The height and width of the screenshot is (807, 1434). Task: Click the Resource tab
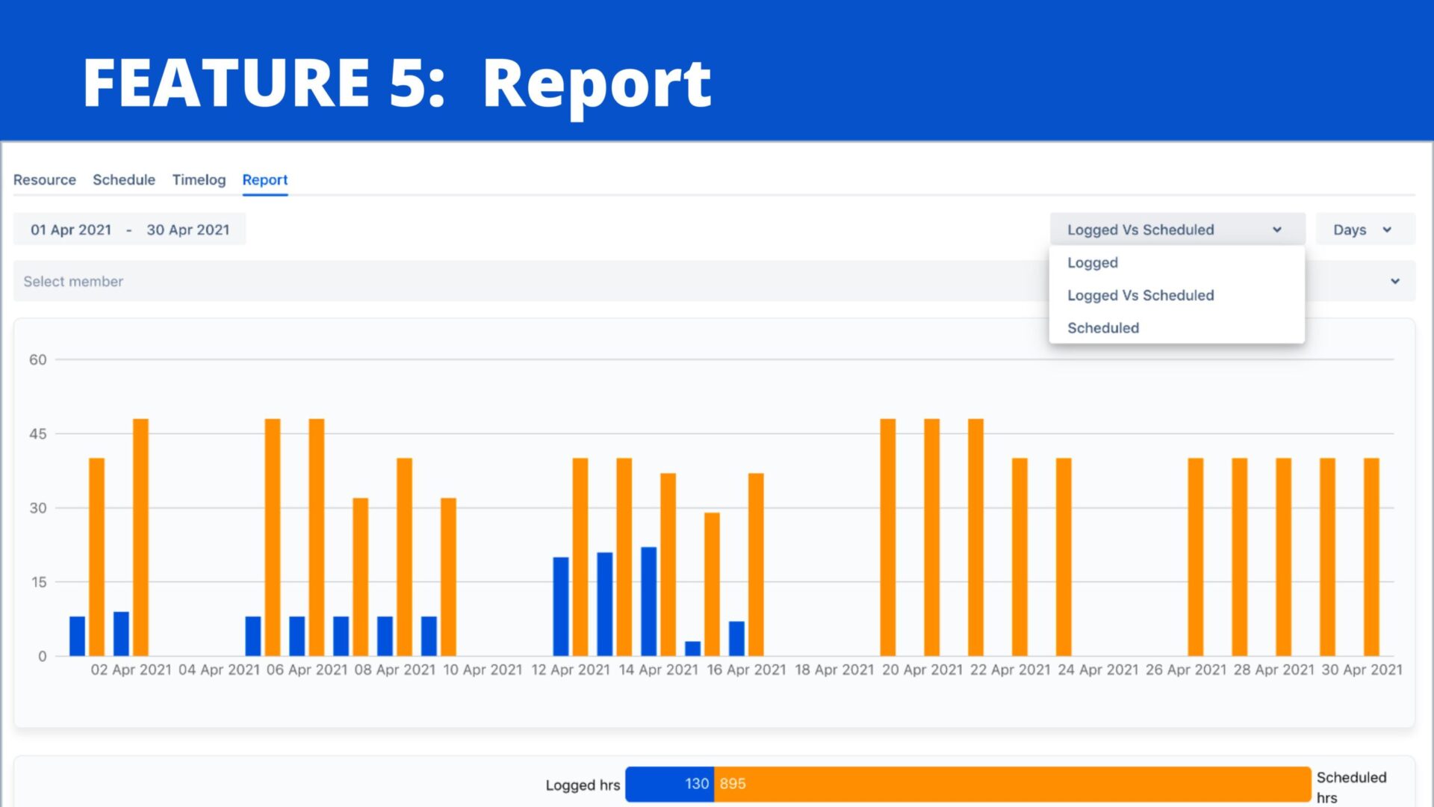(45, 180)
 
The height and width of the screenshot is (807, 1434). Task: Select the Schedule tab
(124, 180)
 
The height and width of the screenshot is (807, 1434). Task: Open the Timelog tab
(199, 180)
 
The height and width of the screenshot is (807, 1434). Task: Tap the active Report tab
(264, 180)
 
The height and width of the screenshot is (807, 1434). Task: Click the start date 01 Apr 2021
(71, 230)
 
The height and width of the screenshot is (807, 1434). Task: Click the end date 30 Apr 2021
(187, 230)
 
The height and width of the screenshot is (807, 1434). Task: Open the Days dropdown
(1362, 230)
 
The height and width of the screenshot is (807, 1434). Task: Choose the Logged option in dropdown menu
(1092, 263)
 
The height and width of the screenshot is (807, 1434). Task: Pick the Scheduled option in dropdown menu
(1102, 328)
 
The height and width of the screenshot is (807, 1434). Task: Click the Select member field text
(73, 282)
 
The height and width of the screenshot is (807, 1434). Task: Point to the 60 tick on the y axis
(38, 360)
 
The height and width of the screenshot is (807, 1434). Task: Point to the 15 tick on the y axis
(39, 582)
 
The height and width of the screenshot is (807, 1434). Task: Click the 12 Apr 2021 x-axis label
(571, 670)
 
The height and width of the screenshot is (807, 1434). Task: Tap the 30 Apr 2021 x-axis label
(1362, 670)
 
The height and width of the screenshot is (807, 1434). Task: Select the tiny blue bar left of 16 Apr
(692, 649)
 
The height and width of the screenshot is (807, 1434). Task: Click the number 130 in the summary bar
(696, 784)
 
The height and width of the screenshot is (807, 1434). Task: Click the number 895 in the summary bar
(733, 784)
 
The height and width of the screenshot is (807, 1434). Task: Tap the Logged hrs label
(583, 785)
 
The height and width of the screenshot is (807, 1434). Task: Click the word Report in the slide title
(596, 84)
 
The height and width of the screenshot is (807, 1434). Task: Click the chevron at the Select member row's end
(1394, 282)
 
